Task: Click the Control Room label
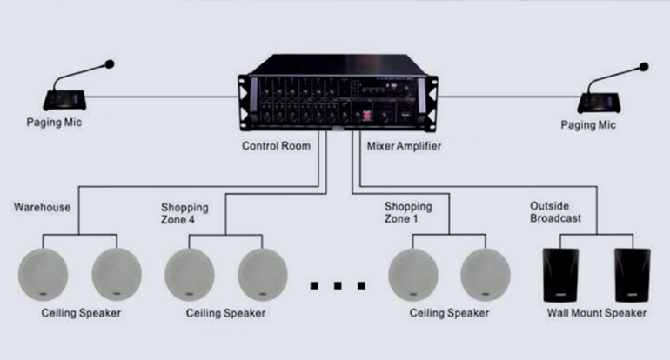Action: [x=276, y=146]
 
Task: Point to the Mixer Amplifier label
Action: [x=404, y=146]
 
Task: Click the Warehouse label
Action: [x=43, y=208]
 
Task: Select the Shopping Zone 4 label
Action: [x=184, y=213]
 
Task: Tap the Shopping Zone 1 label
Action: [x=408, y=213]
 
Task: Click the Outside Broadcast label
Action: [x=555, y=213]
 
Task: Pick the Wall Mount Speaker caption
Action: [x=597, y=312]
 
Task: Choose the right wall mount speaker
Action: [x=633, y=274]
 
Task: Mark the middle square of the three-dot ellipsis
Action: [x=338, y=284]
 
